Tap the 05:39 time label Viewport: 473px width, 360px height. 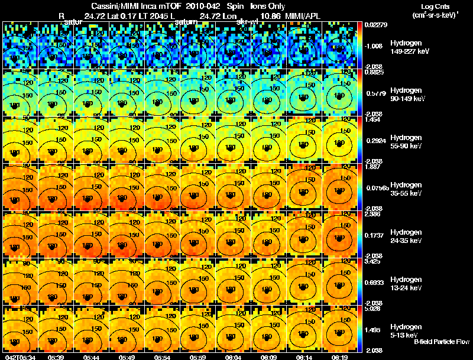(x=56, y=356)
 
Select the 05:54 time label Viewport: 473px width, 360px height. (x=162, y=356)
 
